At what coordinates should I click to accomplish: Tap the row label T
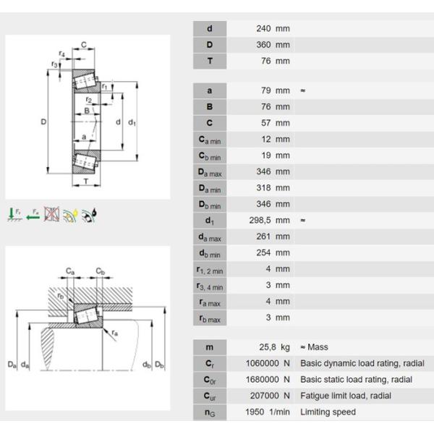tap(210, 61)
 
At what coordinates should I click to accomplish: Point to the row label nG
tap(210, 412)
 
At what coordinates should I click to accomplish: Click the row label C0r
tap(210, 380)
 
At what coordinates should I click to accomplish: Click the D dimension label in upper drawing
tap(43, 122)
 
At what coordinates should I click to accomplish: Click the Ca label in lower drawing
tap(70, 271)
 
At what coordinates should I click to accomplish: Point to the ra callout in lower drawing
tap(115, 332)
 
